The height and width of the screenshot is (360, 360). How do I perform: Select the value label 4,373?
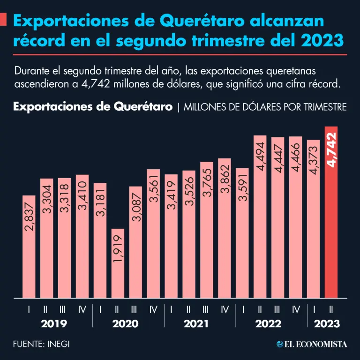314,159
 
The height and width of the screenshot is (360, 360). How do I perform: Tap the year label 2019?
54,324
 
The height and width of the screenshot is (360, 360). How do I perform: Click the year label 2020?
126,324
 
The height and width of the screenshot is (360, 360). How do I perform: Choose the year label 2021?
196,324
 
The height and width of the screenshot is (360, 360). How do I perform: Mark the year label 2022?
268,324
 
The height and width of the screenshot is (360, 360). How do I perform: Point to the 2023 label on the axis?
327,324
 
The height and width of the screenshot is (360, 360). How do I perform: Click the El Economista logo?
312,345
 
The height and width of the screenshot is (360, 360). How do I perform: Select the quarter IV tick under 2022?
296,309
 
